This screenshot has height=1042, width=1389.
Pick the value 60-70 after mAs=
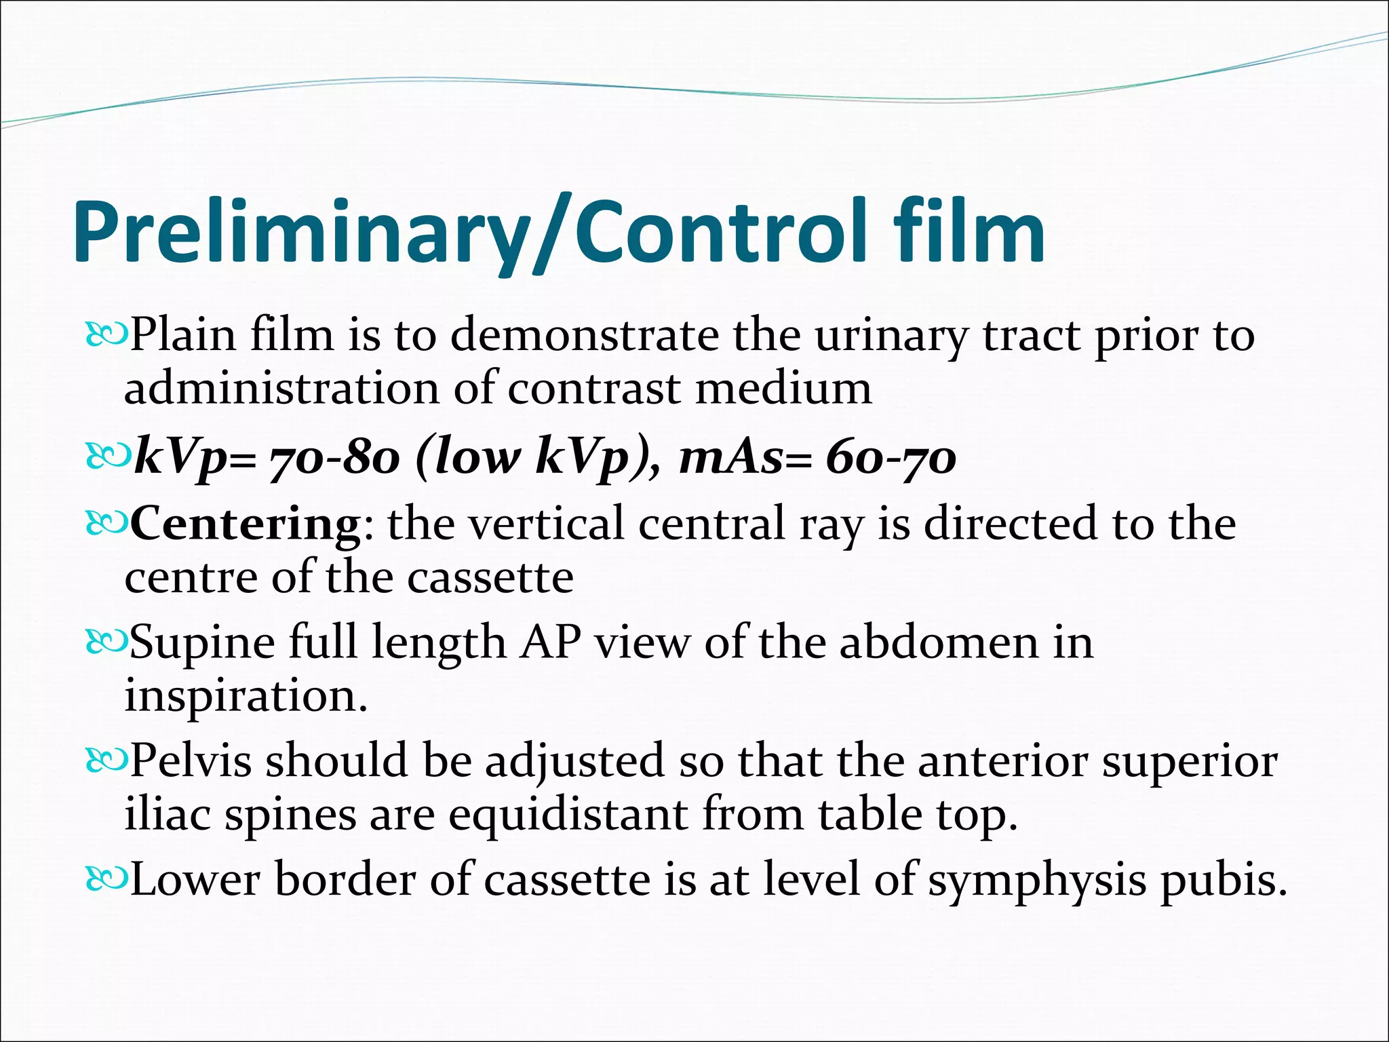[891, 459]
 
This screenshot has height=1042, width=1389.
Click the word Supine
[202, 642]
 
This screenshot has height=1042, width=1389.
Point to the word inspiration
[246, 696]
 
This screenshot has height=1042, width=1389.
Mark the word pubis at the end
[1224, 881]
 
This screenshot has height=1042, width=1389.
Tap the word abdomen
[939, 642]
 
